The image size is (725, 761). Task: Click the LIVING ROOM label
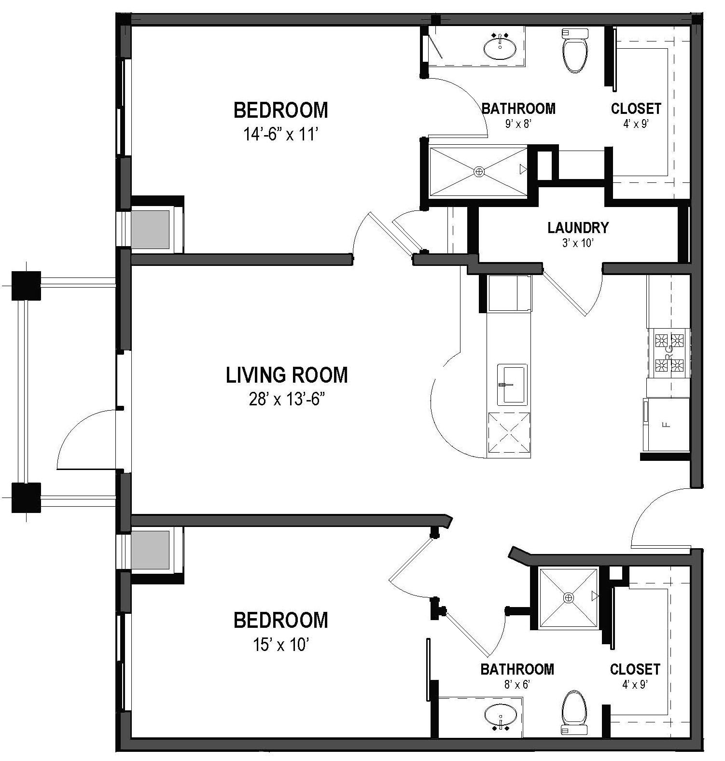tap(287, 375)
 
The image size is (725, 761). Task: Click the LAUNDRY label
tap(578, 227)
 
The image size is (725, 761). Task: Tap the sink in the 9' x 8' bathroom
tap(500, 47)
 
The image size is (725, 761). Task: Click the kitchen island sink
tap(512, 385)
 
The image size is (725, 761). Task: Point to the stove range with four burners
tap(669, 353)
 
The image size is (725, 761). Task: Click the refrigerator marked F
tap(666, 425)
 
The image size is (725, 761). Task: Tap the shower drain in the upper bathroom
tap(479, 171)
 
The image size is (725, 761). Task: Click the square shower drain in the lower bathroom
tap(569, 598)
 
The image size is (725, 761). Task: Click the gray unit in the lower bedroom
tap(151, 550)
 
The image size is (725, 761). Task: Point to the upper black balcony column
tap(26, 286)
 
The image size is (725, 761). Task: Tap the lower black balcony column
tap(26, 497)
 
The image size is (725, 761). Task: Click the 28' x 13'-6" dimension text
tap(286, 400)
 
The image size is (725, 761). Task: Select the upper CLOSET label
tap(635, 109)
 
